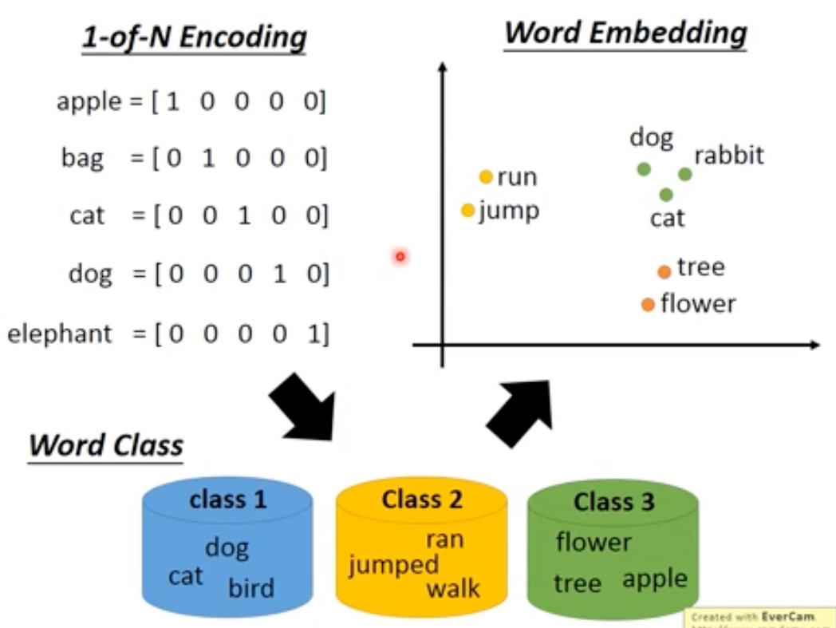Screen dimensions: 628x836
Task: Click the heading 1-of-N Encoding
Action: [194, 38]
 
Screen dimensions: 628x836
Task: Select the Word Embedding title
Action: [625, 33]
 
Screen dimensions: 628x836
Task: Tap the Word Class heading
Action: [106, 444]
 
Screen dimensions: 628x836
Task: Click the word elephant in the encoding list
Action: [60, 333]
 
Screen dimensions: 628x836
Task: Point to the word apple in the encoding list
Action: [88, 102]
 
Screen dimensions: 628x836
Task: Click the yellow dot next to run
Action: [486, 177]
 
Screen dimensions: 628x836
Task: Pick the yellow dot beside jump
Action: [468, 211]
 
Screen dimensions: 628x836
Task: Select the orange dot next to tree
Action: [664, 272]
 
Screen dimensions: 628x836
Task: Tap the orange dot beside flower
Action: [648, 304]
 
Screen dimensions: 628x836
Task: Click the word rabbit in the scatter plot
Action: [729, 155]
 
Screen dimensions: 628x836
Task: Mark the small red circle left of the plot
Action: [400, 256]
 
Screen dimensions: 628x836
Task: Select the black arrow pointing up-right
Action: [520, 412]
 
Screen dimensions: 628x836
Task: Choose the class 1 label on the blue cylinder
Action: [227, 500]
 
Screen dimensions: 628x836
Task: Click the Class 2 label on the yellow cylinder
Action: [422, 500]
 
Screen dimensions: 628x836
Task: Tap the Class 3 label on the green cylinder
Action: [613, 502]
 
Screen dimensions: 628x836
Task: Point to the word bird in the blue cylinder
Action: [250, 589]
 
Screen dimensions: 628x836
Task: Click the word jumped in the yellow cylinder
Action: [394, 565]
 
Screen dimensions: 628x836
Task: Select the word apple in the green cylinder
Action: [654, 579]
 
